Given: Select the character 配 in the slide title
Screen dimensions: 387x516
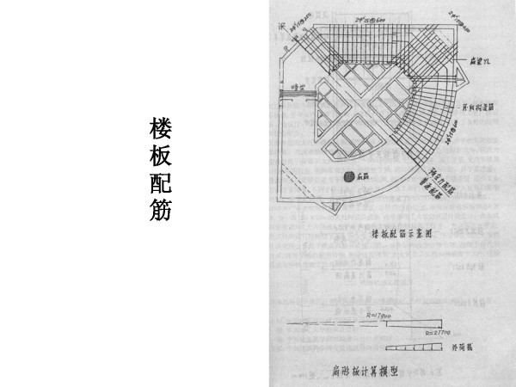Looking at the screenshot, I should pos(160,183).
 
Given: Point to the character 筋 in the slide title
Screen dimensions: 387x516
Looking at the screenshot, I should pos(160,210).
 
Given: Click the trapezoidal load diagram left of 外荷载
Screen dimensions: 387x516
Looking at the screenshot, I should pos(413,347).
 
